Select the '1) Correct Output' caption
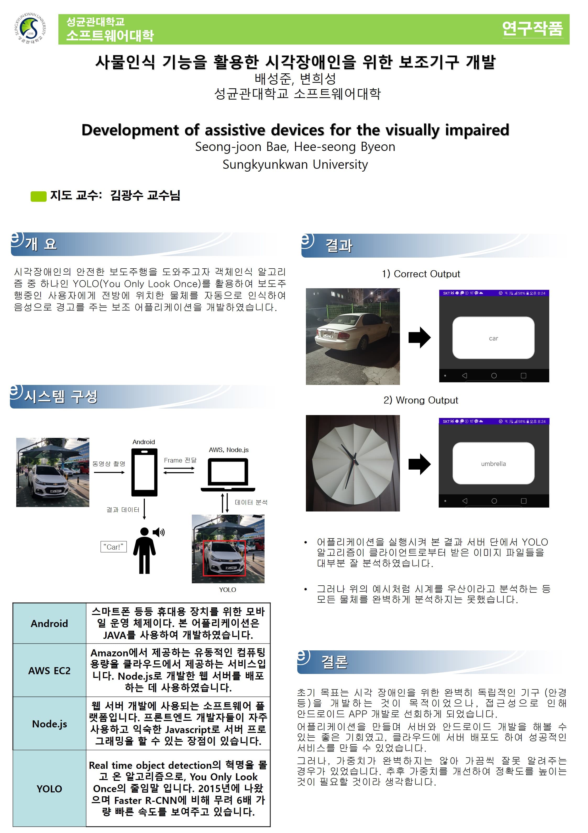[421, 274]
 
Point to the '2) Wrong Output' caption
[421, 400]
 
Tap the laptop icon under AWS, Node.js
[228, 475]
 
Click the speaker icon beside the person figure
[158, 532]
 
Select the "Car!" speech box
[113, 547]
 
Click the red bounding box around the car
[224, 558]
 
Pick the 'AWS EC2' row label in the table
[49, 671]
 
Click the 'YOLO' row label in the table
[49, 789]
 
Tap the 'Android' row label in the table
[49, 624]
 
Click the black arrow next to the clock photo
[419, 464]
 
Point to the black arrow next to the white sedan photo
[419, 337]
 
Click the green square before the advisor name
[39, 196]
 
